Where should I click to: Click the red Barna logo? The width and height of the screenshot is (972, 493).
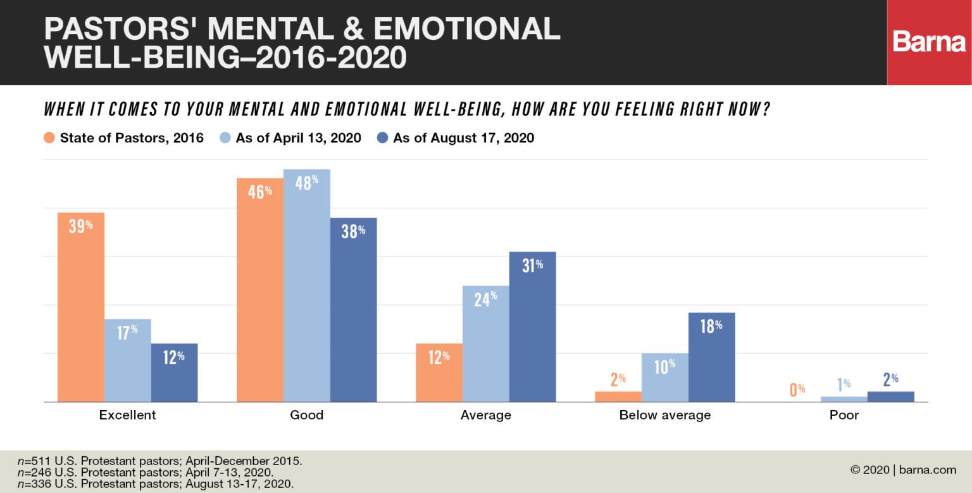click(x=929, y=42)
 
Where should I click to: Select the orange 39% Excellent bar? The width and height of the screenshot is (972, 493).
click(x=81, y=307)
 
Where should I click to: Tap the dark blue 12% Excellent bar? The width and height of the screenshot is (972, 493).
click(x=174, y=373)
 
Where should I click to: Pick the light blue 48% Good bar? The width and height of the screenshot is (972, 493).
click(x=307, y=285)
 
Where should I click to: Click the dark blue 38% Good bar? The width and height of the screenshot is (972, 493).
click(x=353, y=309)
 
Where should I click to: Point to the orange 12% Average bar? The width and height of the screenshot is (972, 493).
click(x=439, y=373)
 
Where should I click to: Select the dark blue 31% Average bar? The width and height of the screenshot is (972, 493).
click(x=532, y=327)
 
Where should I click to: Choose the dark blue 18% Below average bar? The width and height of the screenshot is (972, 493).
click(x=711, y=357)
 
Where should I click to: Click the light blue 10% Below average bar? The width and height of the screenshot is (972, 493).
click(x=664, y=378)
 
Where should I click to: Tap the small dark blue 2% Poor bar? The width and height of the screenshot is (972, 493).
click(x=890, y=397)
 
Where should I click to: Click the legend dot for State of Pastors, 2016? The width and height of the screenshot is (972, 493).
click(x=49, y=138)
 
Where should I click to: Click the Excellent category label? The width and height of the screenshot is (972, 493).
click(x=127, y=416)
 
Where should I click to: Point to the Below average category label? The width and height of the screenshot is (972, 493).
click(x=664, y=416)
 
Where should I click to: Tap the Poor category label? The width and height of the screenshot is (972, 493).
click(x=844, y=416)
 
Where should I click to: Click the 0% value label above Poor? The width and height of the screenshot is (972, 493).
click(x=797, y=389)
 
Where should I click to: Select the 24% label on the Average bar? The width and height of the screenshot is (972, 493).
click(x=485, y=299)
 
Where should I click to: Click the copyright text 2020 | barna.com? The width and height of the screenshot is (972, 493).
click(x=903, y=470)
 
